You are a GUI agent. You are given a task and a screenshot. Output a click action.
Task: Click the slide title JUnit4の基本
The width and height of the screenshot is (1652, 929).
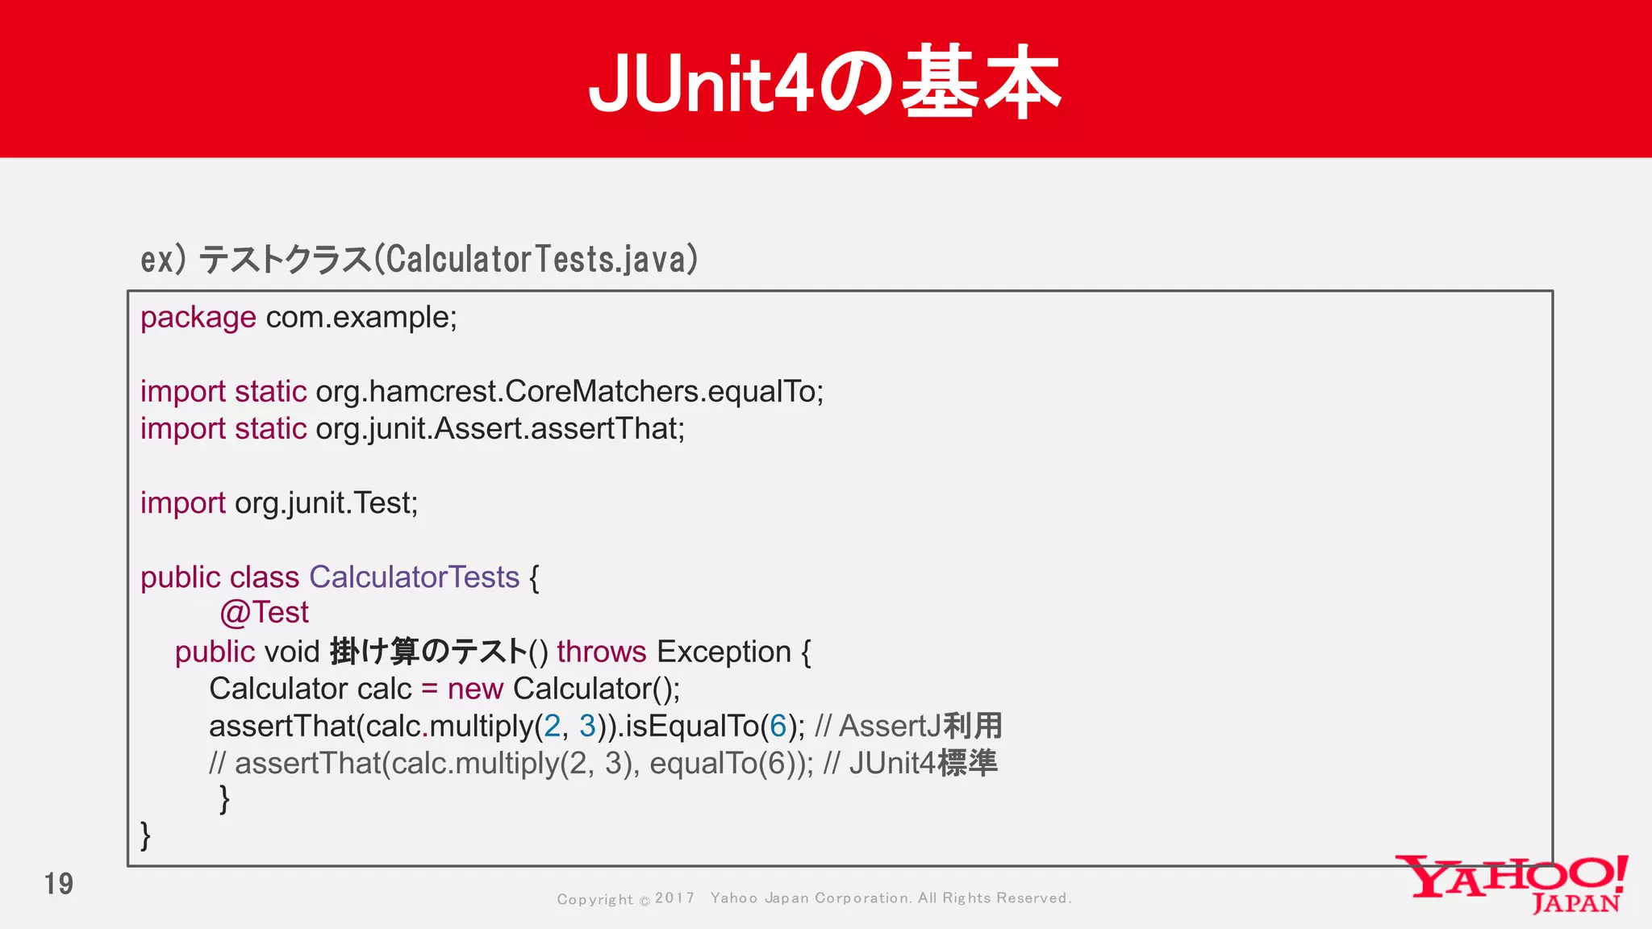point(824,82)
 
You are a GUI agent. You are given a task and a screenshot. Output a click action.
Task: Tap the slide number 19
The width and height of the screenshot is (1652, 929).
point(59,884)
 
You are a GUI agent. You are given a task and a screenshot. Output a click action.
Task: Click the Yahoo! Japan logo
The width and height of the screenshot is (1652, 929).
point(1513,882)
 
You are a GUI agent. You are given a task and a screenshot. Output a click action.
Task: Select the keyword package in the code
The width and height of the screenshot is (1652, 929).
point(198,318)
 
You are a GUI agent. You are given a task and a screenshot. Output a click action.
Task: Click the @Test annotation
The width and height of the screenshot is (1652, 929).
point(265,613)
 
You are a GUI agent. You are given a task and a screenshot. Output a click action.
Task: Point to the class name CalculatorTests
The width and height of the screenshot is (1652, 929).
point(414,577)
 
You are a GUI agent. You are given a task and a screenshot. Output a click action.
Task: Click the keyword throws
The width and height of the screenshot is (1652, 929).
point(601,652)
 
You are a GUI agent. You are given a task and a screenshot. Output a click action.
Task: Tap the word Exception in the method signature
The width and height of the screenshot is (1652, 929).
point(724,652)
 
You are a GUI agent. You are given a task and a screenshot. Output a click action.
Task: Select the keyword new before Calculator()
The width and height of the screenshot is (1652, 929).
point(475,689)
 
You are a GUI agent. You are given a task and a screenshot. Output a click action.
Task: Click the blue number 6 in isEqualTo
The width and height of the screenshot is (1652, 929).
point(778,726)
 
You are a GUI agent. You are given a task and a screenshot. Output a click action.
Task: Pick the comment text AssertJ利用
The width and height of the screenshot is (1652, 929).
point(920,726)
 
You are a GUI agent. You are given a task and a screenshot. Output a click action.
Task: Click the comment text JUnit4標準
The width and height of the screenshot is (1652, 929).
point(923,763)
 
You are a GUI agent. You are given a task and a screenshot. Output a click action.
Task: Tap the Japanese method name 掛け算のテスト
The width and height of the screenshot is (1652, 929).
point(428,652)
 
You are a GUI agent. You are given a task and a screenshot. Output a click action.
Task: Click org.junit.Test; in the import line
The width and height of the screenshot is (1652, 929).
point(326,503)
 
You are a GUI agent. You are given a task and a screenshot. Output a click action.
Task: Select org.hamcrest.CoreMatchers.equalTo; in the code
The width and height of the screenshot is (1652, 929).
point(569,392)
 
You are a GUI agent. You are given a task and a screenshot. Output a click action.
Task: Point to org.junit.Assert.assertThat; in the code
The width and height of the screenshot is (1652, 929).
point(500,429)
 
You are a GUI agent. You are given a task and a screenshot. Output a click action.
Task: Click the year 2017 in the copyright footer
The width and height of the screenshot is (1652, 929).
point(674,898)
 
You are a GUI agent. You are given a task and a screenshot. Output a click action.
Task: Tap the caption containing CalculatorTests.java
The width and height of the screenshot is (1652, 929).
point(419,260)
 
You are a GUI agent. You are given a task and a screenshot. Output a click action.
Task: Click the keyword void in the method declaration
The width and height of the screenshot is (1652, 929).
point(292,652)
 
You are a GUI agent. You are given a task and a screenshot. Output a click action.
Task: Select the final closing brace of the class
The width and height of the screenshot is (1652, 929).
point(145,835)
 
